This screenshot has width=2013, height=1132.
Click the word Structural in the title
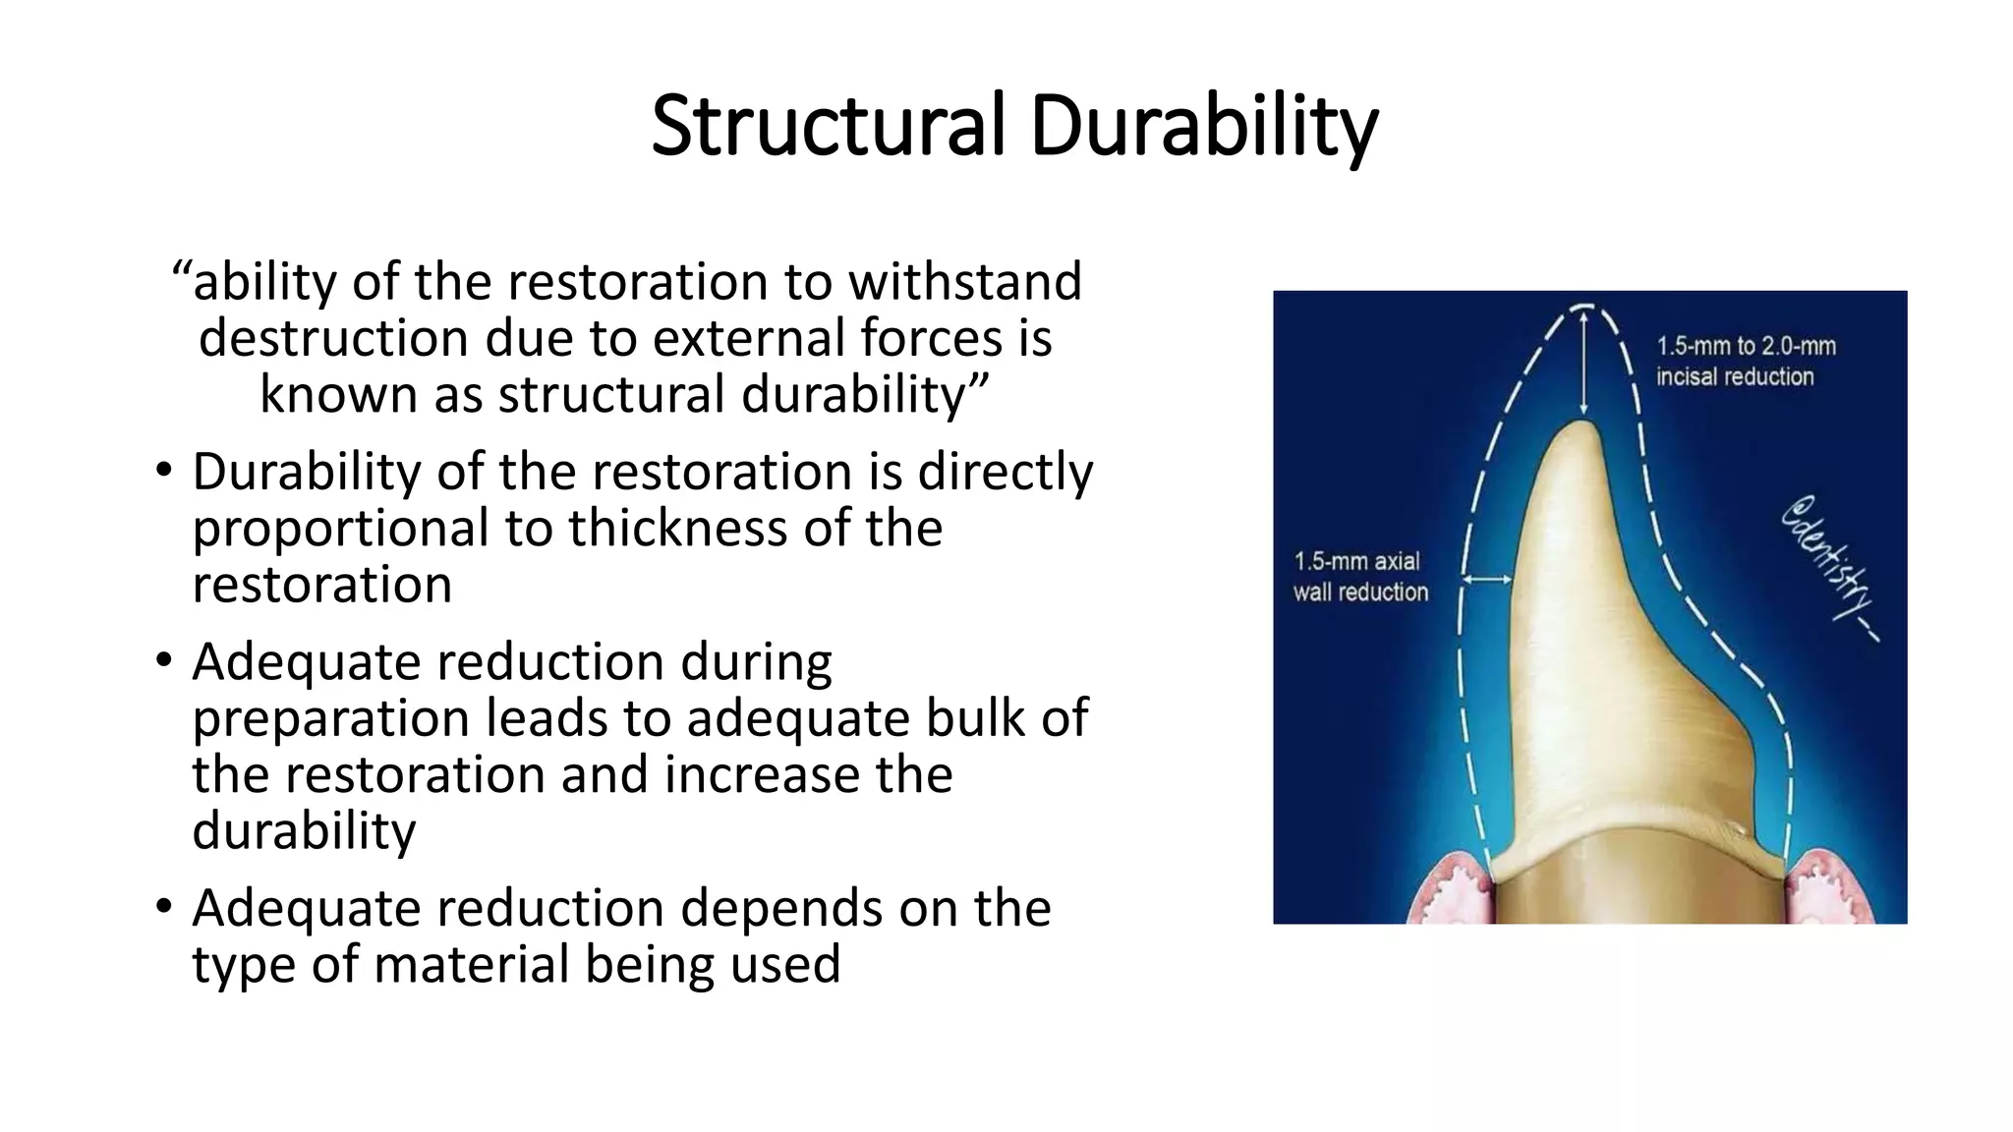click(x=829, y=126)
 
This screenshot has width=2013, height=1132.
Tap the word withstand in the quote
click(x=964, y=282)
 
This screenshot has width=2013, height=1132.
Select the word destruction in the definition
click(x=333, y=338)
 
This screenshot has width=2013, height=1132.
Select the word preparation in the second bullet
click(x=330, y=718)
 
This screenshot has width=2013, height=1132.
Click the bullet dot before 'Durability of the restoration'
click(x=163, y=472)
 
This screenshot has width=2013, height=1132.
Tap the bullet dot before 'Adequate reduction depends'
click(x=163, y=908)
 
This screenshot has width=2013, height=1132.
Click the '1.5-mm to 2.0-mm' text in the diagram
click(x=1746, y=346)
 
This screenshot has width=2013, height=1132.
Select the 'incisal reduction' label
click(x=1734, y=376)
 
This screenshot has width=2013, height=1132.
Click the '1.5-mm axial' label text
click(x=1356, y=562)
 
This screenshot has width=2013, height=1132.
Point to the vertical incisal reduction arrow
click(x=1583, y=364)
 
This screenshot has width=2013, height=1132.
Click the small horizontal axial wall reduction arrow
click(x=1487, y=580)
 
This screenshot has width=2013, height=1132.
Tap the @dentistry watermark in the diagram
click(x=1830, y=570)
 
